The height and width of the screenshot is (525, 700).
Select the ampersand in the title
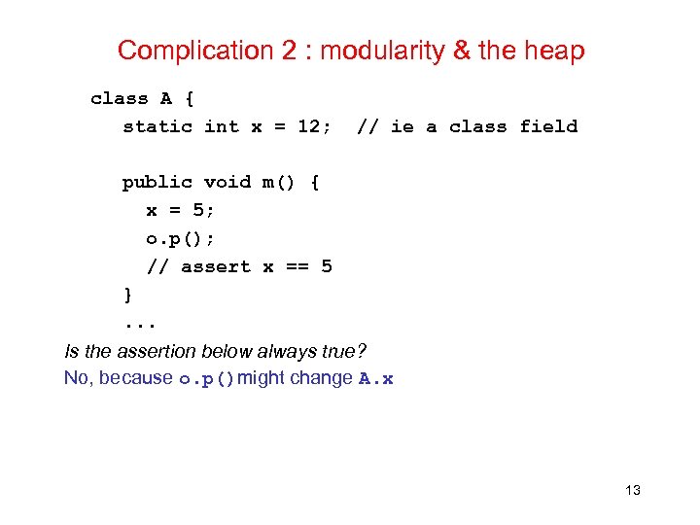tap(463, 51)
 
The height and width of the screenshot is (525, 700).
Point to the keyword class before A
tap(120, 98)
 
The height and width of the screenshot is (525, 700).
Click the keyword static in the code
tap(157, 126)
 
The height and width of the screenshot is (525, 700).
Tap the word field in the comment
tap(548, 126)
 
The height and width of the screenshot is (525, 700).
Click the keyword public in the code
tap(157, 182)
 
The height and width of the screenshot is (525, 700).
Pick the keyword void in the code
tap(227, 182)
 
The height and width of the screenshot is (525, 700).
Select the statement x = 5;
tap(180, 210)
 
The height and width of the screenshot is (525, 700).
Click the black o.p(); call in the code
tap(180, 238)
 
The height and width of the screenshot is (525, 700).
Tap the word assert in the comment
tap(215, 266)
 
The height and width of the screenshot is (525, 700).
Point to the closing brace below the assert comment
tap(127, 295)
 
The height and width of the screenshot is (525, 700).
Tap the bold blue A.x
tap(375, 379)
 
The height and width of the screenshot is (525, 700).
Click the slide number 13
tap(633, 490)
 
